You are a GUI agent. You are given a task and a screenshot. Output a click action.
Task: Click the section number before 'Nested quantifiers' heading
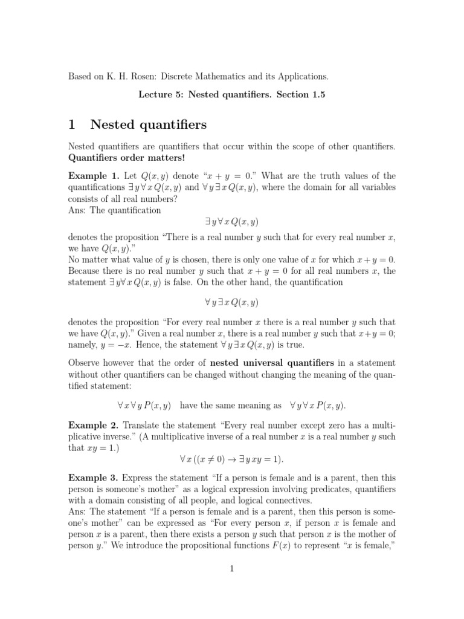(x=72, y=125)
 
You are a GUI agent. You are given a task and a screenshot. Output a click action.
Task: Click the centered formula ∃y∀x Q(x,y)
(x=231, y=222)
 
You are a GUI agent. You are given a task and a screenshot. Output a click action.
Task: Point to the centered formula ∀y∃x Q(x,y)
(x=231, y=302)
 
